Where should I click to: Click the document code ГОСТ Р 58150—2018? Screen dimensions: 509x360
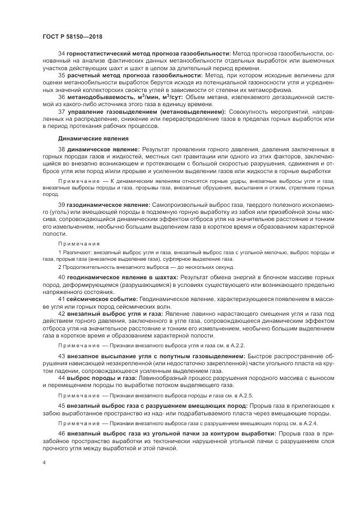coord(72,36)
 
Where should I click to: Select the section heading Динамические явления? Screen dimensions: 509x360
coord(88,138)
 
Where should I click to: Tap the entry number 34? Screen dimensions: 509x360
coord(62,53)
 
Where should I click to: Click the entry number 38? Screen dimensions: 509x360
coord(62,149)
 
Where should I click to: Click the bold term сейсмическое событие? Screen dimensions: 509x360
coord(102,299)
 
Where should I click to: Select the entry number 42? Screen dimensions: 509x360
coord(62,315)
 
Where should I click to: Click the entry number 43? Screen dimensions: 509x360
coord(62,356)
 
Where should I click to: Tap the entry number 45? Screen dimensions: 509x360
coord(62,406)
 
